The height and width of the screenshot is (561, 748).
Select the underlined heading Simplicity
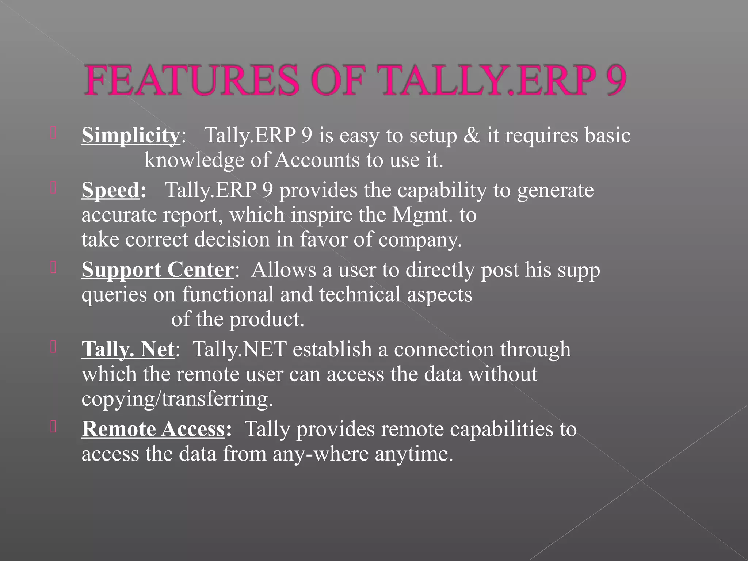(x=130, y=136)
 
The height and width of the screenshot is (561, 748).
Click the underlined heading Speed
(x=110, y=190)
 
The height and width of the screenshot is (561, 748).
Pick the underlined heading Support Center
(x=157, y=270)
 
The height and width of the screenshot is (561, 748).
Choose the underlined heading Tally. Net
(x=128, y=349)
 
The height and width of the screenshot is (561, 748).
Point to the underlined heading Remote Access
(x=153, y=429)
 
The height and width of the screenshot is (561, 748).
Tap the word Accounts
(x=317, y=160)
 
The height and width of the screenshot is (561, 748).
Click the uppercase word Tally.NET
(x=239, y=349)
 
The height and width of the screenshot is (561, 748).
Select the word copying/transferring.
(x=177, y=399)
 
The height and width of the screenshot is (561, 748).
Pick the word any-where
(x=321, y=454)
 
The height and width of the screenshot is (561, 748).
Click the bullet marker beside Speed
(x=53, y=188)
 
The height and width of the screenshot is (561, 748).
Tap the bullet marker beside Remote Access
(x=53, y=427)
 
